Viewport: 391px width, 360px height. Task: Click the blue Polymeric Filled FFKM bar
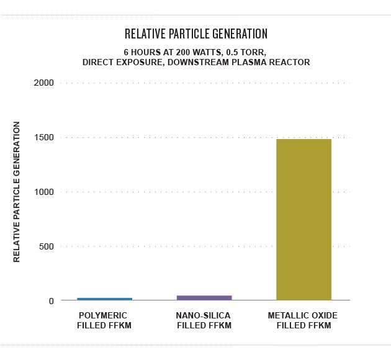click(x=104, y=299)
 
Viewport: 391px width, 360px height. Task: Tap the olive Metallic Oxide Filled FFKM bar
click(x=303, y=220)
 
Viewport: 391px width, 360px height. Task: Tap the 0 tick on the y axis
click(x=52, y=301)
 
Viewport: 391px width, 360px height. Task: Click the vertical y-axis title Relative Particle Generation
click(x=17, y=192)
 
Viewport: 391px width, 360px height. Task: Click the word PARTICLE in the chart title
click(x=189, y=33)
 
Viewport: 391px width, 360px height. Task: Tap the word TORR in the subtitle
click(x=252, y=52)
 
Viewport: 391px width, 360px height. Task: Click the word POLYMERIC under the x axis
click(x=104, y=316)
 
